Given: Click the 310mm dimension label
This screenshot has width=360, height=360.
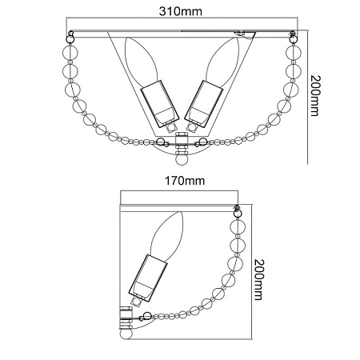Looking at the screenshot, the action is tap(181, 11).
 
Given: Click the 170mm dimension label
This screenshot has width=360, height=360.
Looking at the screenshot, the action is tap(185, 181).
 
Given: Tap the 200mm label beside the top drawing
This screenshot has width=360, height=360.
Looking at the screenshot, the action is tap(315, 96).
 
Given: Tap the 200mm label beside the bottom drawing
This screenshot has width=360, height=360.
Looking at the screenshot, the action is tap(258, 280).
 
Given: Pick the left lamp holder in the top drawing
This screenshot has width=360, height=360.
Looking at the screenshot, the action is tap(159, 103).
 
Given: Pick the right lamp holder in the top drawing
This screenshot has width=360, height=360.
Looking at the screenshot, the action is tap(204, 103).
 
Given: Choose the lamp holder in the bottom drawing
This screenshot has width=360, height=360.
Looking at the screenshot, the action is tap(148, 278).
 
